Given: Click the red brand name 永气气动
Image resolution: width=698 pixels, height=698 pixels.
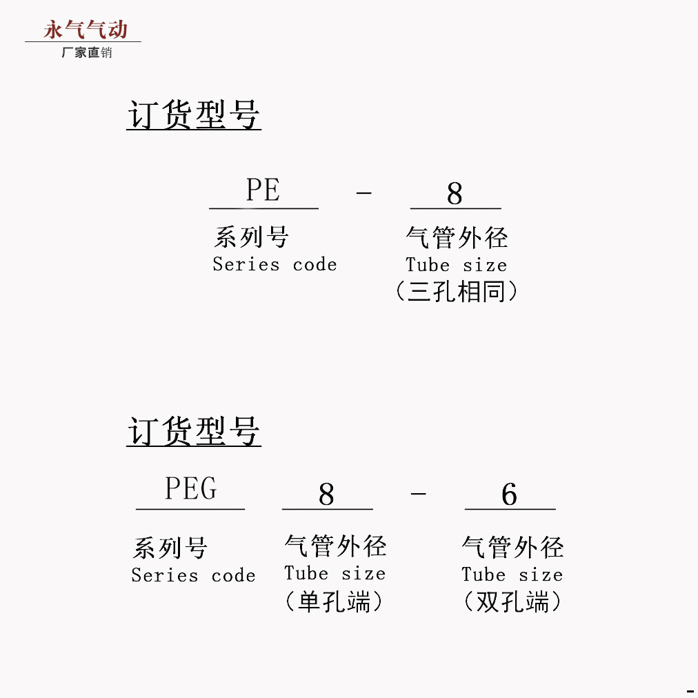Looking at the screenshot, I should point(86,30).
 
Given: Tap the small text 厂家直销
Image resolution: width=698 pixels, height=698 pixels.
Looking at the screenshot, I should point(86,52).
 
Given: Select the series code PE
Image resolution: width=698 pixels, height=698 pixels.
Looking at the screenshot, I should point(263,190).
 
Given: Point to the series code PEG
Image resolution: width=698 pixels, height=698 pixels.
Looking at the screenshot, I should point(190,489).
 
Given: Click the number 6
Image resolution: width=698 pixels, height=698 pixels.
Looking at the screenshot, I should point(509,495).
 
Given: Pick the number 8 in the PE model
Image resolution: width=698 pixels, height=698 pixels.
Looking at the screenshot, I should point(455,194).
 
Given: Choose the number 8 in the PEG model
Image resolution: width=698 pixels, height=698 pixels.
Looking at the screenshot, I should point(326,495).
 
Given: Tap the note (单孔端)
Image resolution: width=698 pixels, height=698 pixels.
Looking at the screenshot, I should point(334,602).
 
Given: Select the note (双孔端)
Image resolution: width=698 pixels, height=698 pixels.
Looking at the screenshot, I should point(512,603).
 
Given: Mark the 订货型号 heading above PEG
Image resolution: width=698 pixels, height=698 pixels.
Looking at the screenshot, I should point(194,432).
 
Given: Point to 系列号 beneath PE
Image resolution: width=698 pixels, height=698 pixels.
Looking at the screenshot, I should point(251,238).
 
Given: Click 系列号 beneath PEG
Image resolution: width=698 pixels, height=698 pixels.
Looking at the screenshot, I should point(170,549).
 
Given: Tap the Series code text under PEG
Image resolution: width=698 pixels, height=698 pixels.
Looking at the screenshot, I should point(193,575).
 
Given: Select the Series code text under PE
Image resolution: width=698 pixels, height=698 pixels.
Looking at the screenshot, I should point(275,264).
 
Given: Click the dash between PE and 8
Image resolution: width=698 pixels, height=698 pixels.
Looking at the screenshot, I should point(363,192).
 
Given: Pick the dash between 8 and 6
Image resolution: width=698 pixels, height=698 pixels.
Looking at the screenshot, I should point(418,494).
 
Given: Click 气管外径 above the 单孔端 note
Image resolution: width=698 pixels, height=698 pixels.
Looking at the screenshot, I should point(335,546).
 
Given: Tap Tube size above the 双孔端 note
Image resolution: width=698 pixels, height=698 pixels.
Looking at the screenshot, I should point(512,575).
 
